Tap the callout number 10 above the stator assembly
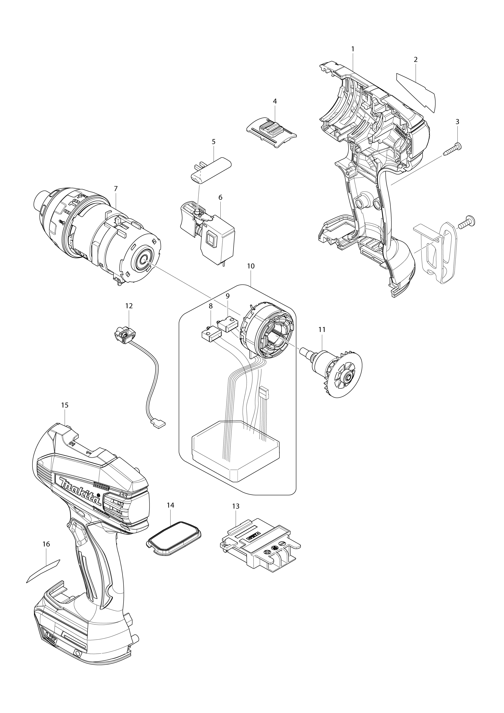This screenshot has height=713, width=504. click(x=251, y=266)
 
